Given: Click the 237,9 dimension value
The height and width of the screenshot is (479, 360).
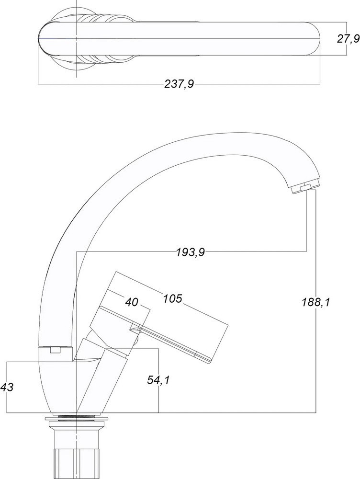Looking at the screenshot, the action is (179, 83).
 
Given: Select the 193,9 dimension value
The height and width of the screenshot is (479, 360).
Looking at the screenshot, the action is (190, 252).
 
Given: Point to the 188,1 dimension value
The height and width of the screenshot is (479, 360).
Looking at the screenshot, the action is (316, 302).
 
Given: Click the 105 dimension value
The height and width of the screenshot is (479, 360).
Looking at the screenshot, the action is (172, 298).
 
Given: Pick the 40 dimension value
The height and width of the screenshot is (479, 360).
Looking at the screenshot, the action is (132, 302).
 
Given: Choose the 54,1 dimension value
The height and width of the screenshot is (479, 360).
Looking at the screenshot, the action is (158, 380).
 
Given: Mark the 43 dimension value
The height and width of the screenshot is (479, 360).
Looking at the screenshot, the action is (7, 388).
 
